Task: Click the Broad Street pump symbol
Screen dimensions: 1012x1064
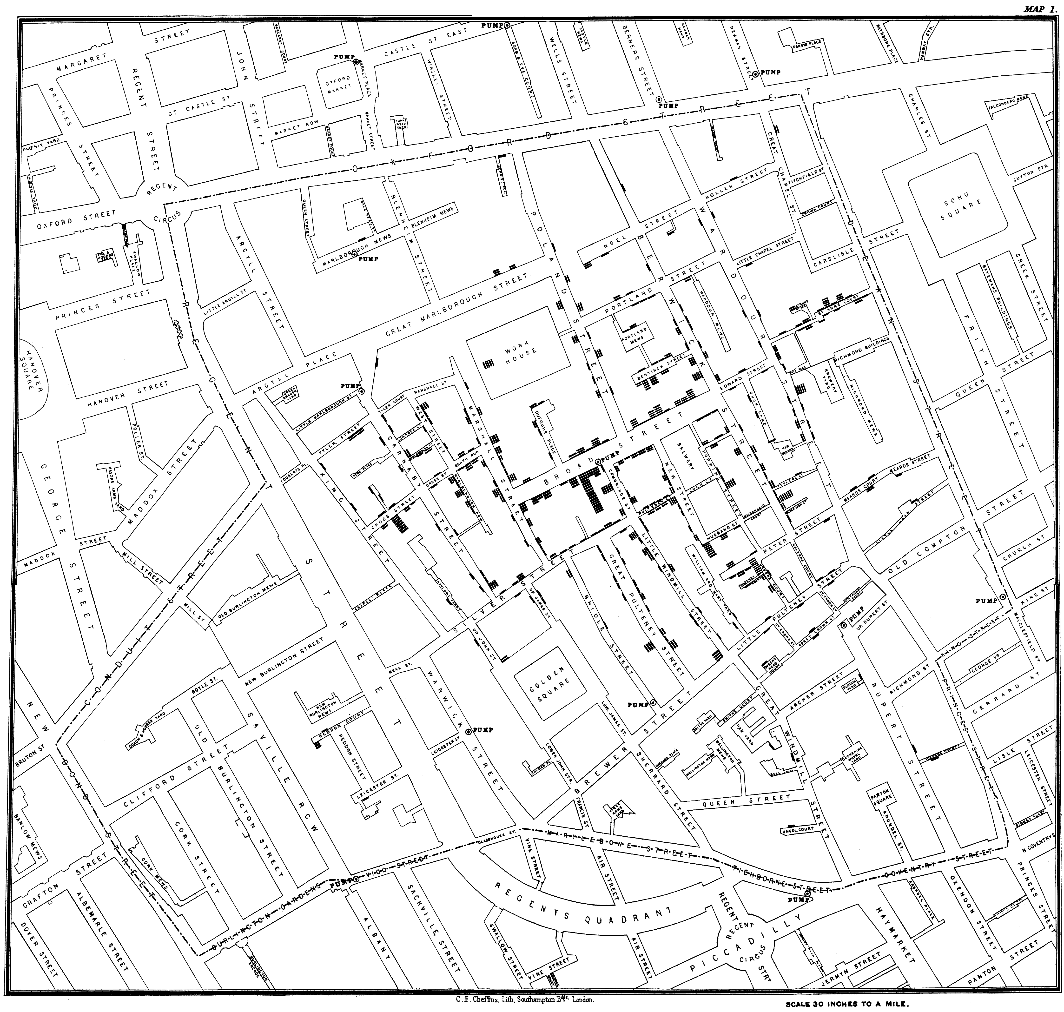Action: tap(598, 462)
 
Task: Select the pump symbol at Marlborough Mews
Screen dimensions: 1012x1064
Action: tap(356, 257)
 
